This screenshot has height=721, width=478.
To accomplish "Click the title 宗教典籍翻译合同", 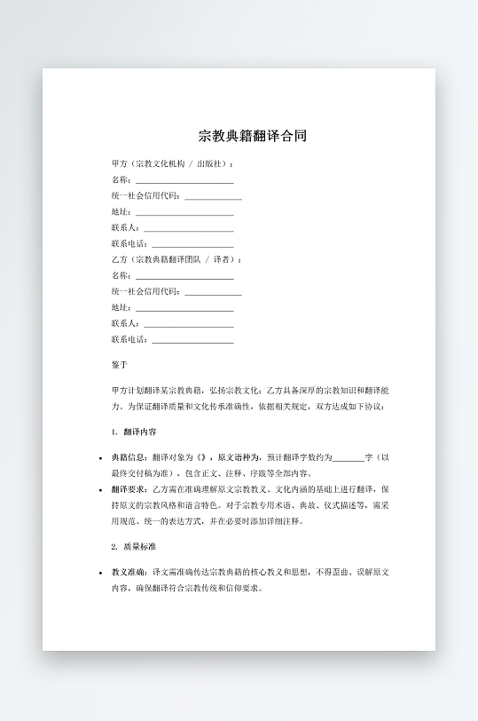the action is [253, 137].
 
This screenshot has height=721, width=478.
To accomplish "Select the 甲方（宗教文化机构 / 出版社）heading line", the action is [173, 164].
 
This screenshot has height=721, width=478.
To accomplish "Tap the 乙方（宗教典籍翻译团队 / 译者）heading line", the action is [176, 259].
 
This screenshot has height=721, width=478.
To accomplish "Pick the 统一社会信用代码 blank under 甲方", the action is [213, 196].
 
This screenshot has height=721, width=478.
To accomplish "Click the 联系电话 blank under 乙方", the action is [193, 340].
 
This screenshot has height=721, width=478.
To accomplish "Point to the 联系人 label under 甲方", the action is [124, 228].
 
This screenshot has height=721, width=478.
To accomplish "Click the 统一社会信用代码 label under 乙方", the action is [145, 291].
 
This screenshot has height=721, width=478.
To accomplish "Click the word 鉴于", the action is [120, 365].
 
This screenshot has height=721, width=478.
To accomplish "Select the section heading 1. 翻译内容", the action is [134, 432].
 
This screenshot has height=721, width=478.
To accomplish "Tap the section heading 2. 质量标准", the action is [134, 546].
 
